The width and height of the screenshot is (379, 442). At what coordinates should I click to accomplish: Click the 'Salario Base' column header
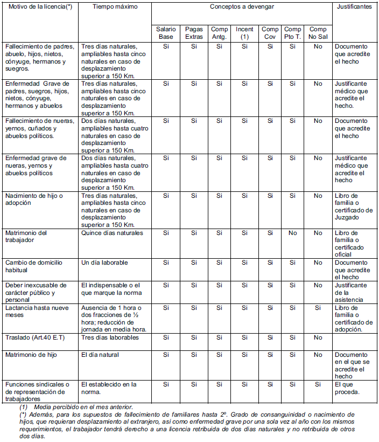coord(165,32)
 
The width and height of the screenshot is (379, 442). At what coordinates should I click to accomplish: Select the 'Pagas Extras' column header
coord(193,32)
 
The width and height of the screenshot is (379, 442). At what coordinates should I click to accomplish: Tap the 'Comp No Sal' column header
coord(318,32)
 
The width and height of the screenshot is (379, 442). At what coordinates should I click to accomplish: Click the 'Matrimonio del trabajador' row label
coord(26,236)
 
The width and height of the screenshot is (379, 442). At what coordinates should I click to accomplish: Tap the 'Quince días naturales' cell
coord(112,233)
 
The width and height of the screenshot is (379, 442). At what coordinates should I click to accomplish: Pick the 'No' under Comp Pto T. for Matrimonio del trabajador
coord(292,233)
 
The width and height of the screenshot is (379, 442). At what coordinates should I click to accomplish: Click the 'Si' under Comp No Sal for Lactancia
coord(318,307)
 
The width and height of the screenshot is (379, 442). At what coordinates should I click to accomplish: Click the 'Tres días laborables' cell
coord(110,337)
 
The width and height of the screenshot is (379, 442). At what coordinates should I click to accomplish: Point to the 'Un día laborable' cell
coord(104,263)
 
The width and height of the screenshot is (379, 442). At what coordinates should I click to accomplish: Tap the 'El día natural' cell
coord(100,355)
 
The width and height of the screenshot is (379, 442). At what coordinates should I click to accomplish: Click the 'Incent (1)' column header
coord(244,32)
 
